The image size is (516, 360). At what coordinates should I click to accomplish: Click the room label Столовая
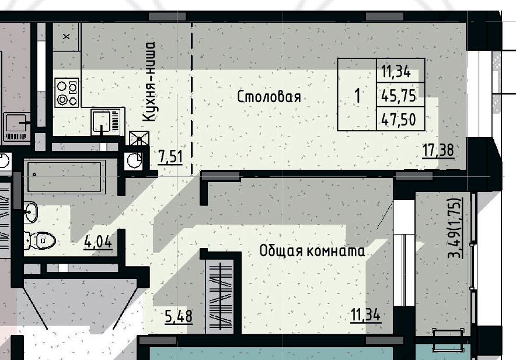click(269, 97)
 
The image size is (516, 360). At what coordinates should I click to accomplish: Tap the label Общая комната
click(312, 251)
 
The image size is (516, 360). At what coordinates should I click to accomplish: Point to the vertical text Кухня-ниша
click(150, 81)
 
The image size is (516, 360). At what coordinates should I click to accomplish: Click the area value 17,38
click(438, 151)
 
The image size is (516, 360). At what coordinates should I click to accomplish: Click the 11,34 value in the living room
click(365, 316)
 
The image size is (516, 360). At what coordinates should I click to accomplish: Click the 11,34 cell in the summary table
click(396, 73)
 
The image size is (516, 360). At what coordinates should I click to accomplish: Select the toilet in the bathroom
click(41, 239)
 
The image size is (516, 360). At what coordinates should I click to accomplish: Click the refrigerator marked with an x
click(65, 37)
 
